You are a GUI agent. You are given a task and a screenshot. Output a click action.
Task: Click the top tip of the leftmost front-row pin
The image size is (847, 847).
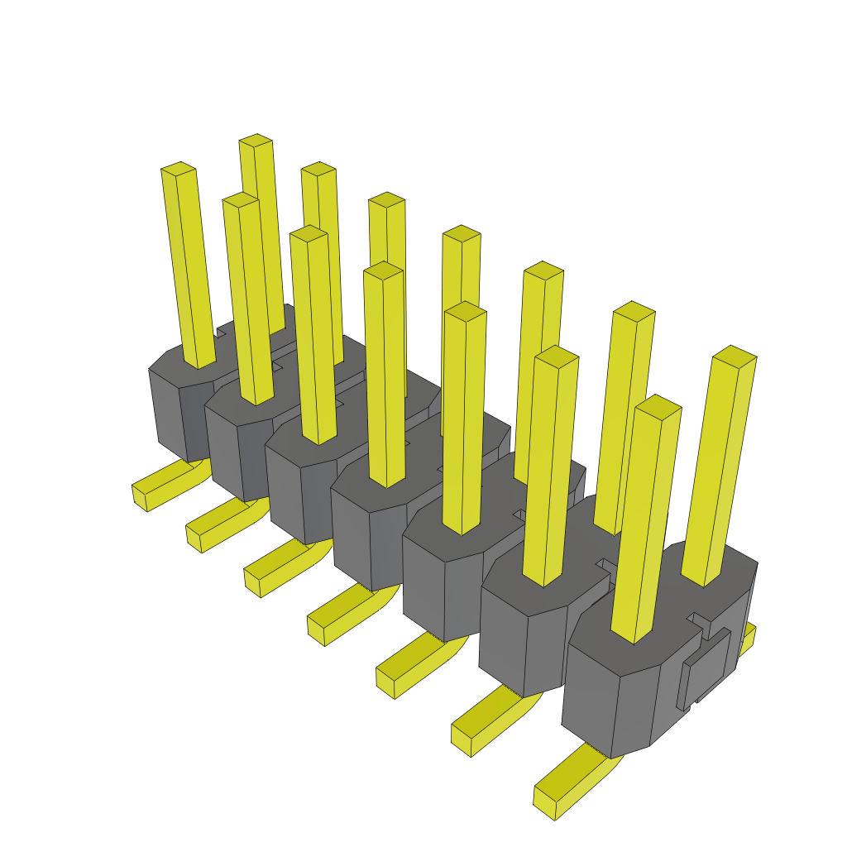(178, 168)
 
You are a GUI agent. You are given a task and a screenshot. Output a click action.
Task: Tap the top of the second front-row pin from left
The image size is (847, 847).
(241, 199)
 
